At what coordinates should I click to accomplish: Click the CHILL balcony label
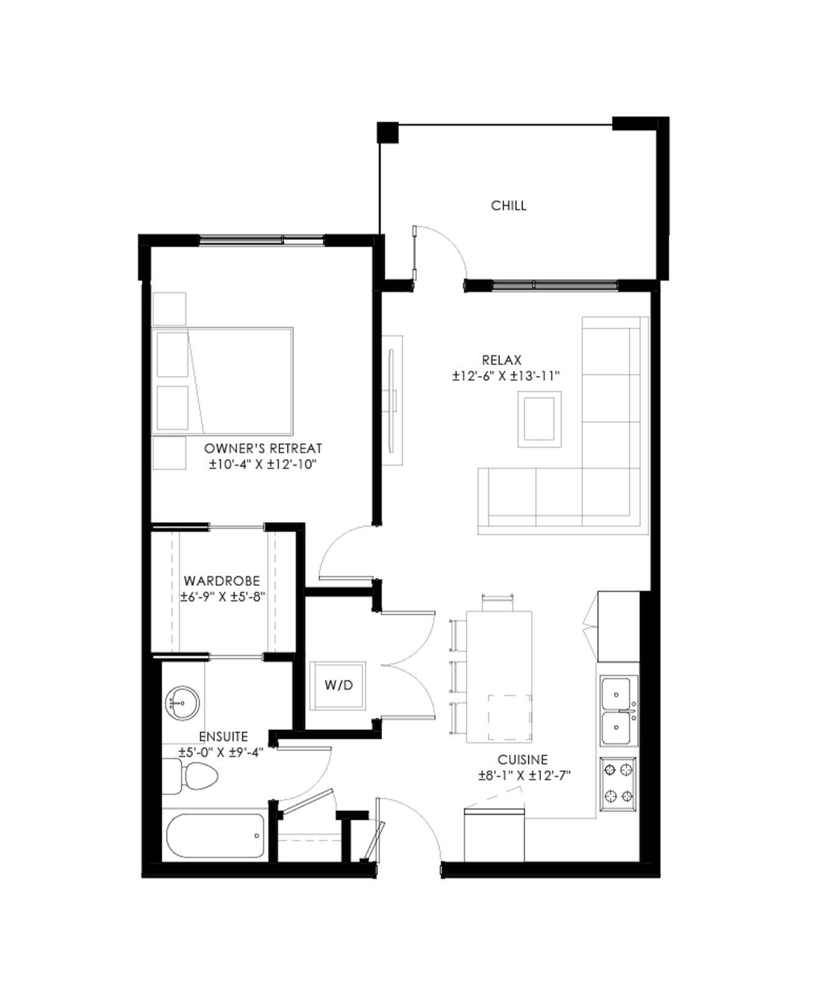[x=508, y=206]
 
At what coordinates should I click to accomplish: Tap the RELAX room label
[x=502, y=360]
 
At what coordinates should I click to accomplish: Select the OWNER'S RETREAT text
[x=263, y=448]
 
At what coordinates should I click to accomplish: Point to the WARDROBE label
[x=222, y=581]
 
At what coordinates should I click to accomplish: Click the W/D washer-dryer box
[x=338, y=685]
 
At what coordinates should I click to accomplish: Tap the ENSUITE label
[x=223, y=737]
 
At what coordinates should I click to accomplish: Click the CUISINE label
[x=522, y=760]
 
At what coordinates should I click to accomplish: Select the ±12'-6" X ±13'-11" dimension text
[x=506, y=376]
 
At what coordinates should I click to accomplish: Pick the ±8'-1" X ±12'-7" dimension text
[x=524, y=776]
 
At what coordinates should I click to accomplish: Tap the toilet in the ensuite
[x=190, y=776]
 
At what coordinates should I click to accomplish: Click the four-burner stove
[x=618, y=784]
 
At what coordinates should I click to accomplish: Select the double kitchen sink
[x=618, y=710]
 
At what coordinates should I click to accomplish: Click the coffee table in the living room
[x=540, y=419]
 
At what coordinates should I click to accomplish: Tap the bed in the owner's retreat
[x=222, y=381]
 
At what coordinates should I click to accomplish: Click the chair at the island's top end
[x=497, y=602]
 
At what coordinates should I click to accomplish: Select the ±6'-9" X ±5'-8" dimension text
[x=223, y=597]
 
